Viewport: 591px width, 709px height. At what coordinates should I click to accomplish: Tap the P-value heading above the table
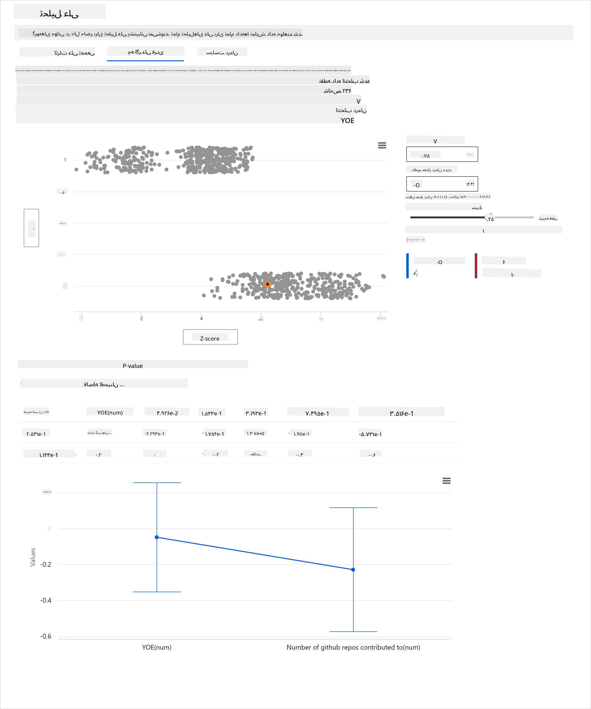(x=133, y=366)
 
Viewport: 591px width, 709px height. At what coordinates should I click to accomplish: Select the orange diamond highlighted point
(x=267, y=284)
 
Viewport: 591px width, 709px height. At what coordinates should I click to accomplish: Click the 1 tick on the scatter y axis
(x=65, y=160)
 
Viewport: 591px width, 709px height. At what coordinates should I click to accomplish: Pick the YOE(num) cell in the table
(x=110, y=412)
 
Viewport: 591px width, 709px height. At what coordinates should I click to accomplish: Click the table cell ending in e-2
(x=167, y=413)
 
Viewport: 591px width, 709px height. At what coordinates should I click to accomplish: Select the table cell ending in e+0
(x=255, y=433)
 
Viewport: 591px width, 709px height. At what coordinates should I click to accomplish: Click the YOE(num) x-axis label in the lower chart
(x=157, y=647)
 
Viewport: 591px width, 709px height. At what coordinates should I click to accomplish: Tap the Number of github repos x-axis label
(x=353, y=647)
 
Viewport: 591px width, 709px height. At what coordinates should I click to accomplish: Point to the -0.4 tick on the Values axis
(x=46, y=600)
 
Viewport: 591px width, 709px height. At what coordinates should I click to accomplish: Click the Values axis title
(x=33, y=557)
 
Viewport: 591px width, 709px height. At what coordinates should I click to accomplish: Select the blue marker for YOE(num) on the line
(x=157, y=537)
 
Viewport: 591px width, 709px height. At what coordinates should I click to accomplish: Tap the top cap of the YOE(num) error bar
(x=157, y=483)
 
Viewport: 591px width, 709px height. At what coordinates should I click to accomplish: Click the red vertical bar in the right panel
(x=476, y=266)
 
